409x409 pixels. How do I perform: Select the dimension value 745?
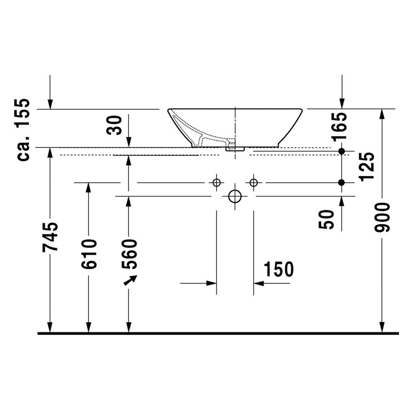(51, 236)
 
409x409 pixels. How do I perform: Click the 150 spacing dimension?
(278, 270)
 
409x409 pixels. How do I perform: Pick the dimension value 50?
(328, 219)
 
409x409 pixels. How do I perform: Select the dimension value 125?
(367, 166)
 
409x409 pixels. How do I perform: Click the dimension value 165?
(340, 126)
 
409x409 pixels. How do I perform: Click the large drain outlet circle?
(235, 196)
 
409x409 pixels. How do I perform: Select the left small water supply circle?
(216, 182)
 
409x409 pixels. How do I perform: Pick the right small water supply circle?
(254, 182)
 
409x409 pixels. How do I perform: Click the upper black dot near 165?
(342, 151)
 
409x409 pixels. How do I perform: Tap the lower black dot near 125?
(342, 182)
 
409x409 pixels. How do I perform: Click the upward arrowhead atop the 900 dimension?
(382, 115)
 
